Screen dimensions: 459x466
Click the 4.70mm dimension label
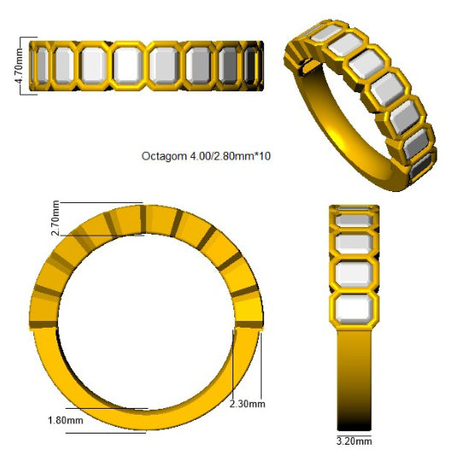coord(18,66)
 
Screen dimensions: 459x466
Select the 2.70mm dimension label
coord(56,218)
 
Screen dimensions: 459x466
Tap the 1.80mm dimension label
coord(66,421)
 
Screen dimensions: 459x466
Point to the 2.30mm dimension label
coord(247,404)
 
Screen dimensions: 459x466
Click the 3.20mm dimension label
coord(354,441)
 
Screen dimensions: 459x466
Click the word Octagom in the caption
coord(164,156)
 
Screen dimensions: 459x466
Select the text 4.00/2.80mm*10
coord(231,156)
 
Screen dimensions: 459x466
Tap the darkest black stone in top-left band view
coord(250,66)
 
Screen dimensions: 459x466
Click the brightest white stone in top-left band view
coord(128,66)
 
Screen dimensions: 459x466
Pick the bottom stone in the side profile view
coord(354,309)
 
